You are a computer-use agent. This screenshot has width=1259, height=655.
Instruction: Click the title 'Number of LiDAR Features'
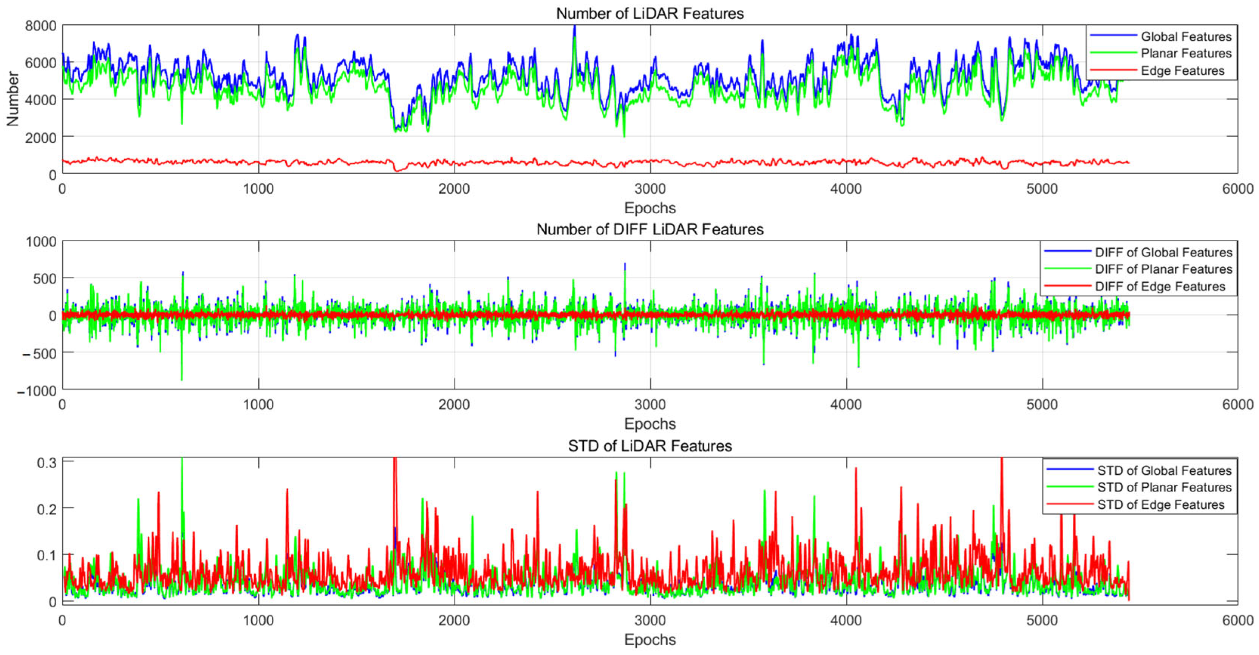(650, 13)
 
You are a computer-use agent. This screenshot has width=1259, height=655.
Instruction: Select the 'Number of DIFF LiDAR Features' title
(650, 229)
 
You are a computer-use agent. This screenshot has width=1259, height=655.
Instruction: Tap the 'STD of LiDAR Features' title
(650, 445)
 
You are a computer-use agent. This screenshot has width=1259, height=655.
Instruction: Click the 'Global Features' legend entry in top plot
(1186, 37)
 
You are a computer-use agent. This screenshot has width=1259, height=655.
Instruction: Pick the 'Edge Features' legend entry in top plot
(1182, 71)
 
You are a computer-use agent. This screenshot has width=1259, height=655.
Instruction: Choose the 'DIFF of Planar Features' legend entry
(1163, 269)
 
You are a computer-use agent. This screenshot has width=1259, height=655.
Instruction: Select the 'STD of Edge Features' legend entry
(1161, 505)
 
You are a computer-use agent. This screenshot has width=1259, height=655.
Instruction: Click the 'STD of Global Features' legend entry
(1164, 470)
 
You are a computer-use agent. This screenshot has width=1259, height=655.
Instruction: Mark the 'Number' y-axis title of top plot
(13, 99)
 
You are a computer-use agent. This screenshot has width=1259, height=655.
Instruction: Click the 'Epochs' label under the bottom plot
(650, 640)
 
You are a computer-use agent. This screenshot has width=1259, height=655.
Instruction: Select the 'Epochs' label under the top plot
(650, 208)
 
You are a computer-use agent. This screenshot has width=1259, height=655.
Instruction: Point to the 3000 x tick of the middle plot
(650, 404)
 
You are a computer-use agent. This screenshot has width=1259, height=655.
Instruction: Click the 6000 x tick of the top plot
(1237, 188)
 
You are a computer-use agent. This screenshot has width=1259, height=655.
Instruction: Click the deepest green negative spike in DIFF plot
(182, 379)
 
